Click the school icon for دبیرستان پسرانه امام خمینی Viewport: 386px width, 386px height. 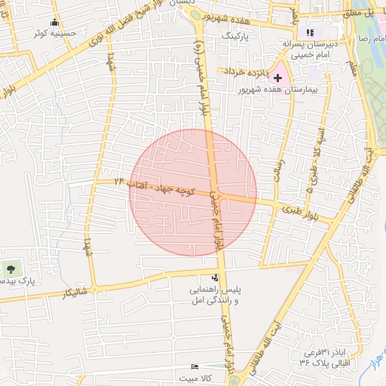click(x=309, y=32)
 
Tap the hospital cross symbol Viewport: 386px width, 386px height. click(x=277, y=77)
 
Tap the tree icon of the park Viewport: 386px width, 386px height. click(x=11, y=268)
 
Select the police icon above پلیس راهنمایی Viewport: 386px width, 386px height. click(x=216, y=278)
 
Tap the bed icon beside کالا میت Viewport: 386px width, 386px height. click(x=196, y=366)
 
